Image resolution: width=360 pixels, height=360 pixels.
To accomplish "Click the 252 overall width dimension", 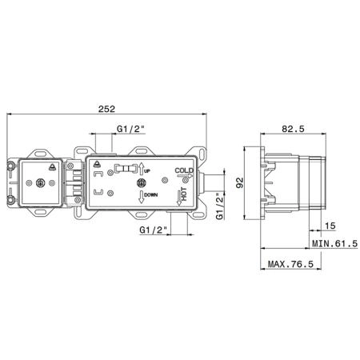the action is pos(106,109).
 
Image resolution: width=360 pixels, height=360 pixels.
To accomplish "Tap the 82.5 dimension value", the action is pos(293,129).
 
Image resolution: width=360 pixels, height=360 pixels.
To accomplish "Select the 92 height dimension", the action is pos(240,182).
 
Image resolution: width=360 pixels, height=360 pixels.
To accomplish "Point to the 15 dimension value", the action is pos(330,226).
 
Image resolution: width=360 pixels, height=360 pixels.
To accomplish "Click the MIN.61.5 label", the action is pos(334,243).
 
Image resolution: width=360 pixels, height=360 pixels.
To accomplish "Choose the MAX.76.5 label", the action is pos(290,264).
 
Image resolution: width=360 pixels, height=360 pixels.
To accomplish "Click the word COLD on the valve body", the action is pos(184,170).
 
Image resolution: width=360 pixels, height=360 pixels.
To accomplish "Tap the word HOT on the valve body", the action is pos(184,194).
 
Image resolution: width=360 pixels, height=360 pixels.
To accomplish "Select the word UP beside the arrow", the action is pos(147,170).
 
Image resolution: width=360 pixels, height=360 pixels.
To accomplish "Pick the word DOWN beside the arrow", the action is pos(151,195).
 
